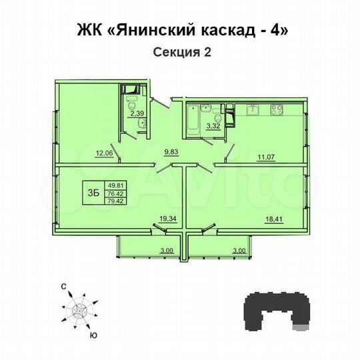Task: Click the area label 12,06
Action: tap(103, 153)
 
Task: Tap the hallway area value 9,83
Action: tap(172, 151)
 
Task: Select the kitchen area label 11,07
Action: tap(266, 157)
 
